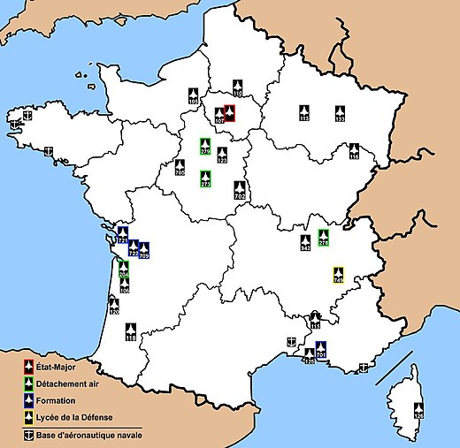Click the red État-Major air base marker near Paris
229,114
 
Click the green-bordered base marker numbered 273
205,178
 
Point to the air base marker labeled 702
240,188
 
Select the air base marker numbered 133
339,113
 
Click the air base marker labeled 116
354,151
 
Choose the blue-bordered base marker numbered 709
143,250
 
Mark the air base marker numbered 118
131,331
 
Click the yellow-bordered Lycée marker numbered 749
338,274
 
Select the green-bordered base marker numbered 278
324,237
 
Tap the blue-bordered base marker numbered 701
321,349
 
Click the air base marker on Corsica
419,410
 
